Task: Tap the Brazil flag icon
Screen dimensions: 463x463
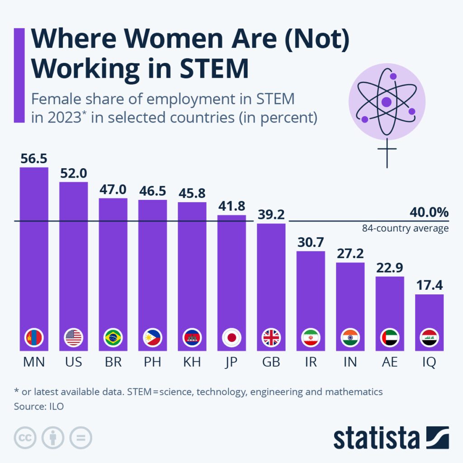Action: (113, 338)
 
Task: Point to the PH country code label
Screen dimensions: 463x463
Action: (152, 362)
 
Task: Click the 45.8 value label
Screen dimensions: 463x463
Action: (192, 194)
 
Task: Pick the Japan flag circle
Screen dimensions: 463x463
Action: (231, 338)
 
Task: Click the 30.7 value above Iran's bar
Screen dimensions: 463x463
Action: (311, 242)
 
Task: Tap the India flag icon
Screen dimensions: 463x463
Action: (350, 338)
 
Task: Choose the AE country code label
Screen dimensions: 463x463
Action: (390, 362)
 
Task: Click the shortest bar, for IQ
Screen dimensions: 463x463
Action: (430, 317)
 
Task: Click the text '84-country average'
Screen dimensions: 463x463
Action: (405, 228)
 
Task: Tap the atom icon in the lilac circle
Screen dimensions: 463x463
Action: (387, 101)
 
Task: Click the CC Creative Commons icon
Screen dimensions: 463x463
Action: (25, 438)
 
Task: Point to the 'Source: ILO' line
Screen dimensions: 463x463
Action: (39, 406)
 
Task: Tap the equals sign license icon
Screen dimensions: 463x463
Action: (80, 438)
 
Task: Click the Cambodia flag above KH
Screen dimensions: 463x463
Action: (192, 338)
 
